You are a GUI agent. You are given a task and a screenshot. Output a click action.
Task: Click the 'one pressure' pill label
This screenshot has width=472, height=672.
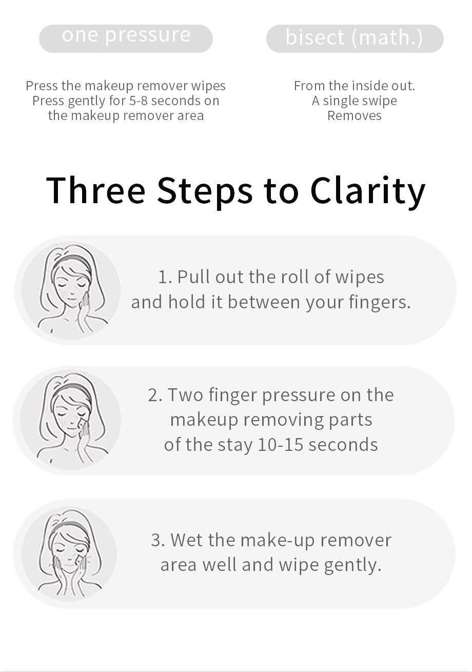[x=126, y=38]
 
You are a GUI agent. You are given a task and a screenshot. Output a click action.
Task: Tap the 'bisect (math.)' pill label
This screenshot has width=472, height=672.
[x=355, y=38]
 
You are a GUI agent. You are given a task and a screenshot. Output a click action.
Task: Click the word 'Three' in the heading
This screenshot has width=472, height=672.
[x=96, y=190]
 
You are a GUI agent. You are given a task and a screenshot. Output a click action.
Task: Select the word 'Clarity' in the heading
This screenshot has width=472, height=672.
[x=367, y=192]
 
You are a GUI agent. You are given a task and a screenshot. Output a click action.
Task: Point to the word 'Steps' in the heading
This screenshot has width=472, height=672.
[x=205, y=192]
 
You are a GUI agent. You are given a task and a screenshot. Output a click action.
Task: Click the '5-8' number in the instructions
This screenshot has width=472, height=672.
[x=139, y=101]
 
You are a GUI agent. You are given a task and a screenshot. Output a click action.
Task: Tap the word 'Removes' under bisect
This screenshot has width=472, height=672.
[x=355, y=115]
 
